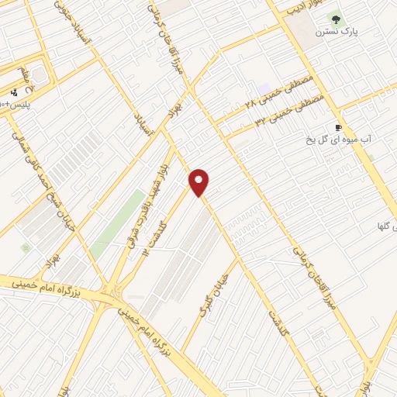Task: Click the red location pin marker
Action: (x=200, y=182)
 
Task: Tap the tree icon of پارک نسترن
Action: (x=336, y=19)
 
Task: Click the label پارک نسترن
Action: (x=335, y=33)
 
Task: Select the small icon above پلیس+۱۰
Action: (x=13, y=93)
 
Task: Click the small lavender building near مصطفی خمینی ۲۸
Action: (x=265, y=88)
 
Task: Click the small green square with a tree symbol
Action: (x=26, y=248)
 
